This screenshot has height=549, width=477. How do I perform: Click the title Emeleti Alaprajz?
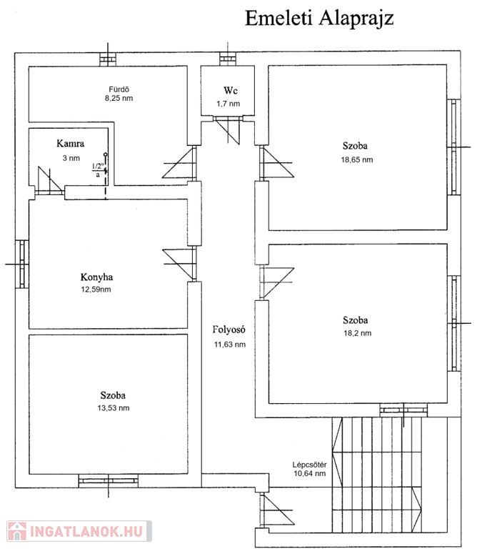pos(319,18)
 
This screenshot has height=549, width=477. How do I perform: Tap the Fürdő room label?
pos(119,89)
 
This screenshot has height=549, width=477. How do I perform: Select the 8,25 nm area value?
pos(119,99)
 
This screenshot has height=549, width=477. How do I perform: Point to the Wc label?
pos(231,90)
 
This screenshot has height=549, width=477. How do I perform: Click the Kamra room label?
pos(70,144)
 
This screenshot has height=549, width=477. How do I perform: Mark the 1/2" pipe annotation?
pos(99,166)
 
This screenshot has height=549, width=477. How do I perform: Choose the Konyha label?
pos(96,277)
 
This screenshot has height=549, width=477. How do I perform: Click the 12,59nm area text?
pos(96,290)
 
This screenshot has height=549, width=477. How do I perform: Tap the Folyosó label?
pos(229,330)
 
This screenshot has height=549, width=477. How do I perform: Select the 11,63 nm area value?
pos(230,345)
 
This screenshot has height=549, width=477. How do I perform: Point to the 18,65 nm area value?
pos(357,160)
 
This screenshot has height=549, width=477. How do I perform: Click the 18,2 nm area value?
pos(358,333)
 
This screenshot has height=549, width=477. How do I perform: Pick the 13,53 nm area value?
pos(114,408)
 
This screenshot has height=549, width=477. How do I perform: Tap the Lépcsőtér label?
pos(309,465)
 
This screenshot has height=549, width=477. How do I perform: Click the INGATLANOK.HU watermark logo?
pos(79,531)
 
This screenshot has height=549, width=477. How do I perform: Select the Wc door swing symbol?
pos(228,131)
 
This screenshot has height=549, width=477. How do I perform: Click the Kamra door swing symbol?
pos(50,180)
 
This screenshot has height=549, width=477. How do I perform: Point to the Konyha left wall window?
pos(21,264)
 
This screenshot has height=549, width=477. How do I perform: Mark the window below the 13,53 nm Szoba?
pos(109,480)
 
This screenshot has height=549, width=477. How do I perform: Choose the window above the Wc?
pos(228,59)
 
